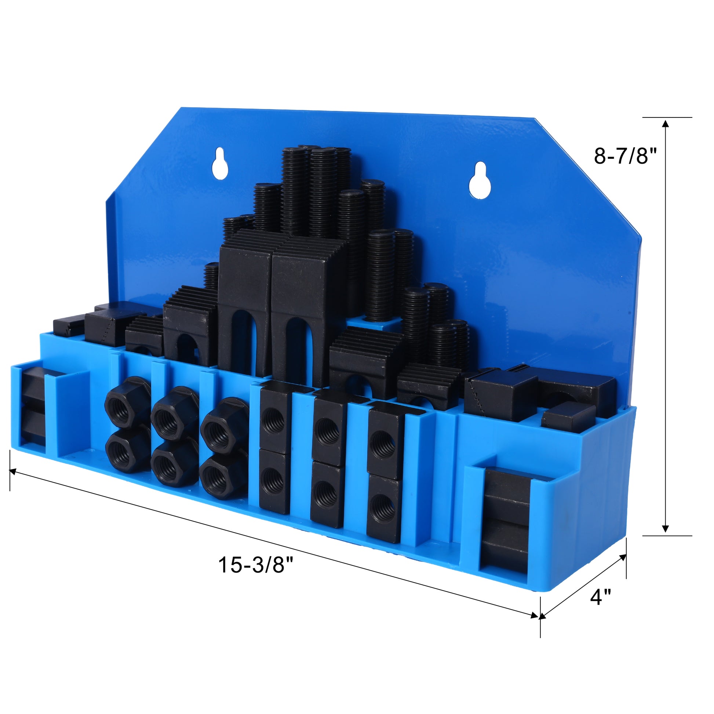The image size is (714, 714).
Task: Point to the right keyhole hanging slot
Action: click(479, 181)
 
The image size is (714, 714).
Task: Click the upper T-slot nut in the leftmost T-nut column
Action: click(274, 418)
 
